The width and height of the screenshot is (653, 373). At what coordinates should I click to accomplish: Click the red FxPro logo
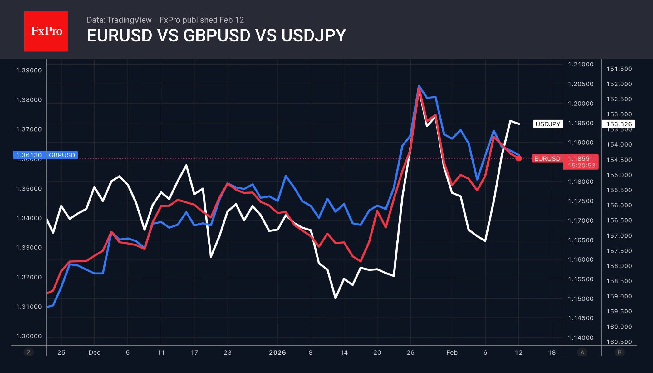(x=46, y=31)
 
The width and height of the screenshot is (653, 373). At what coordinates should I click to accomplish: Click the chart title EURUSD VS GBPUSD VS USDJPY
(x=216, y=36)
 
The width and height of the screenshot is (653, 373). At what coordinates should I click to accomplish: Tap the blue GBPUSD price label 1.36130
(x=29, y=155)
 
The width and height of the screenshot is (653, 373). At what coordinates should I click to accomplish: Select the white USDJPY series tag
(x=548, y=124)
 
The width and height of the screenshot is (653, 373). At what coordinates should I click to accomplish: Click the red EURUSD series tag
(x=547, y=158)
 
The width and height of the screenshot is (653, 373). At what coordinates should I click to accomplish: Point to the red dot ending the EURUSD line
(x=518, y=158)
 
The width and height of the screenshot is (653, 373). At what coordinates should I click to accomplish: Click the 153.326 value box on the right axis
(x=619, y=124)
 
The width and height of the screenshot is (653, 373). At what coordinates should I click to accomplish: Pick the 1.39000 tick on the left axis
(x=29, y=70)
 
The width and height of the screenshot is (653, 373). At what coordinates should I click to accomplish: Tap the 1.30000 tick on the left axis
(x=29, y=336)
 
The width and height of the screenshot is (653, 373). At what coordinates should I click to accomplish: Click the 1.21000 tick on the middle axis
(x=581, y=65)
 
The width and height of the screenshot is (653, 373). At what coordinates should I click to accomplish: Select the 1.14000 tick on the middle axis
(x=581, y=337)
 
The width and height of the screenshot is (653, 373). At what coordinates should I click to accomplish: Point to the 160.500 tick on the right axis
(x=619, y=342)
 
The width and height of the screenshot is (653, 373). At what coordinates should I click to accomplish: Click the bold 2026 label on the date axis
(x=277, y=352)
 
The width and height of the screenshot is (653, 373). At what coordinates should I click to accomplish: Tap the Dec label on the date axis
(x=94, y=352)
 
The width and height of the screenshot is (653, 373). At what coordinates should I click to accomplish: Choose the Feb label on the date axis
(x=452, y=352)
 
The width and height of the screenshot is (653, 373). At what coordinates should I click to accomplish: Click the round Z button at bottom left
(x=29, y=352)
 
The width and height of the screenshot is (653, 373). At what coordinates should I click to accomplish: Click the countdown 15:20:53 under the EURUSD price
(x=582, y=166)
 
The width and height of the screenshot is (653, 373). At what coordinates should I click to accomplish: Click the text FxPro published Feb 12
(x=202, y=20)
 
